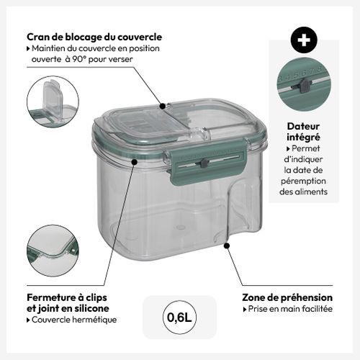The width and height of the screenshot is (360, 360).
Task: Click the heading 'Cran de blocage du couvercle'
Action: click(x=94, y=37)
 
